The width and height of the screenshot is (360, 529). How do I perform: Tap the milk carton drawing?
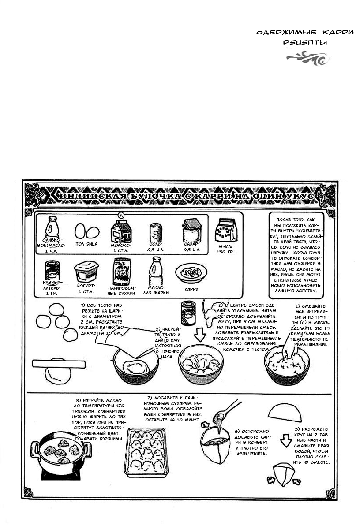(x=120, y=231)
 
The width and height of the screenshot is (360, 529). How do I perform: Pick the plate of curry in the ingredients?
(x=191, y=273)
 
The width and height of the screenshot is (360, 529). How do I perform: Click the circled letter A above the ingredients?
(x=120, y=215)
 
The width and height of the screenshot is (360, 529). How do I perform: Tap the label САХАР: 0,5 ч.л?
(x=192, y=246)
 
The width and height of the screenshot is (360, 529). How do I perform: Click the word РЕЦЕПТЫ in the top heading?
(x=305, y=43)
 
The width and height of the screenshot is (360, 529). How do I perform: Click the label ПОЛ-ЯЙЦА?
(x=86, y=244)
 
